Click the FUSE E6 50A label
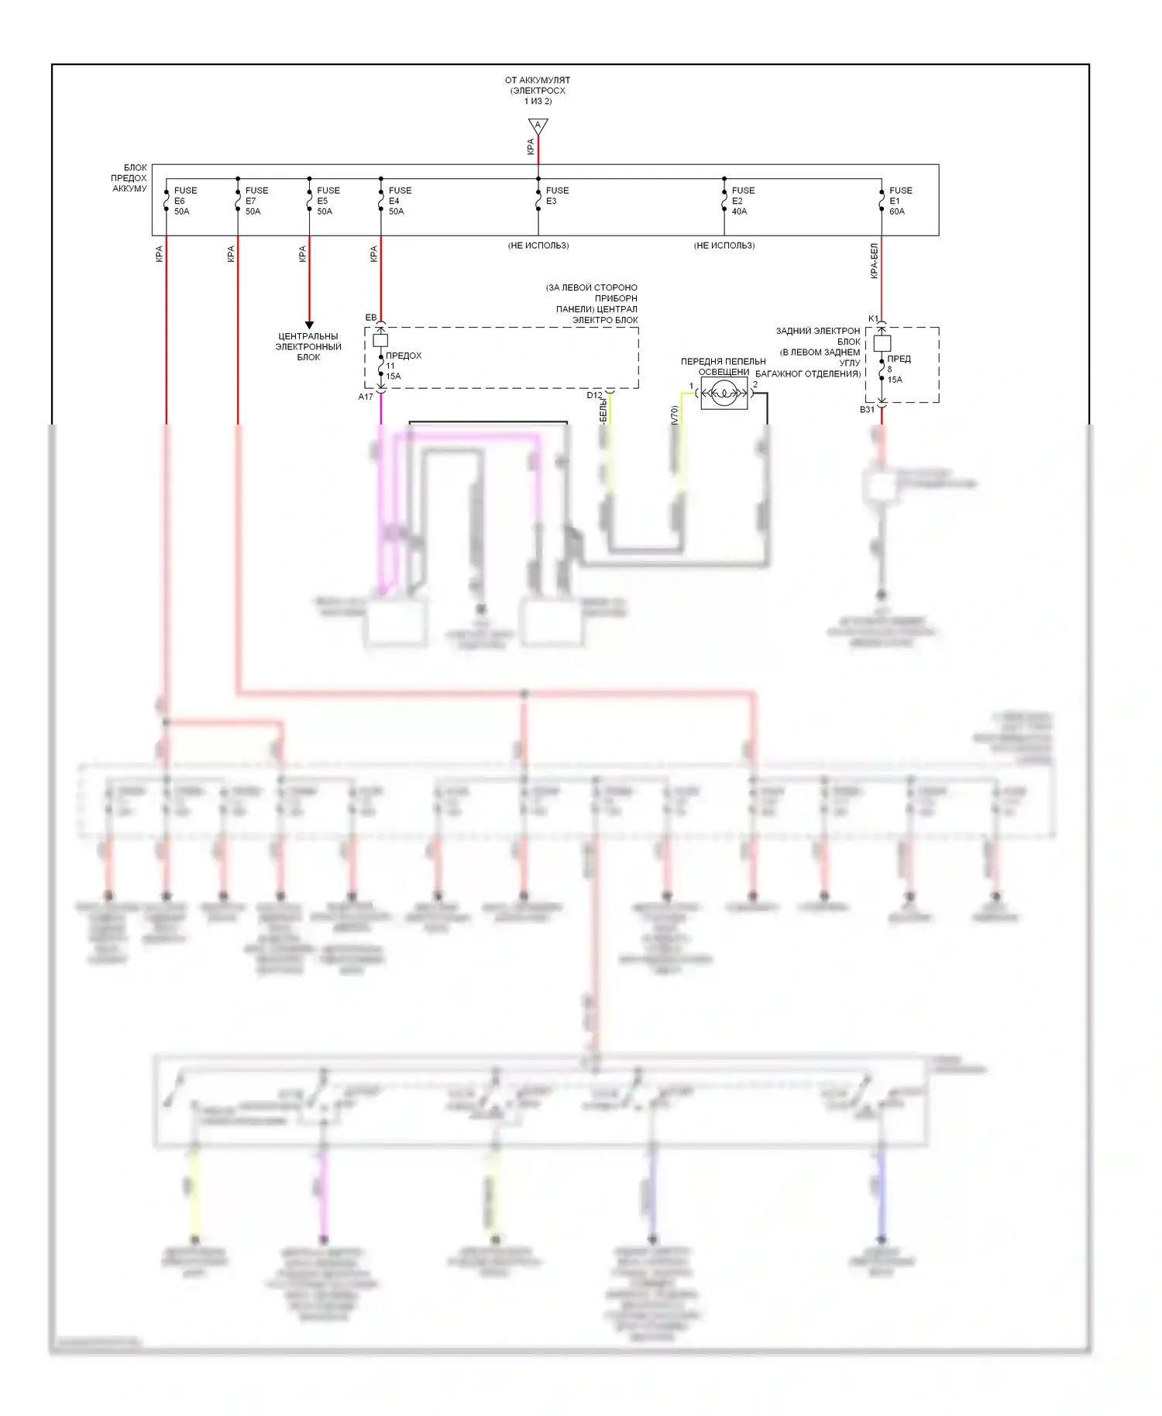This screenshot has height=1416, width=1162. click(184, 201)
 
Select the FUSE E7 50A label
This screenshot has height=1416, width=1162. click(256, 201)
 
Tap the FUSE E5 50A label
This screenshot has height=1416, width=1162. click(327, 201)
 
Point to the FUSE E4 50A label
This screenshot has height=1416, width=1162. click(399, 201)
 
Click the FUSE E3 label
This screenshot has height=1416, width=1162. click(556, 195)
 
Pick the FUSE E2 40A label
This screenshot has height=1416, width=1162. click(742, 201)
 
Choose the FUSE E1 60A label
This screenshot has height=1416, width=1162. click(899, 201)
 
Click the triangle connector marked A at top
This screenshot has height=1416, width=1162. click(538, 126)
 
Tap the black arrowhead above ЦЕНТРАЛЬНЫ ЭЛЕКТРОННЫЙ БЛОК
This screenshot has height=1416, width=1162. click(309, 325)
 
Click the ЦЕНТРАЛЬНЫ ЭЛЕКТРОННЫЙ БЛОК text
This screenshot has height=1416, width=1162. click(308, 347)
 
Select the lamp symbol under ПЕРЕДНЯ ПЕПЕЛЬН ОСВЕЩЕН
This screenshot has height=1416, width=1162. click(724, 394)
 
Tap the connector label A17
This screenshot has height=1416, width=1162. click(366, 397)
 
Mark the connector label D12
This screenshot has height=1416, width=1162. click(594, 395)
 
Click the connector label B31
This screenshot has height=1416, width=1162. click(867, 410)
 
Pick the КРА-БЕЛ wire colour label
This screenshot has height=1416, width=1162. click(874, 261)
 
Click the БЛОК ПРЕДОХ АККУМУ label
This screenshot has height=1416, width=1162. click(129, 178)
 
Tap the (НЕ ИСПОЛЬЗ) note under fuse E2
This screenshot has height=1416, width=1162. click(724, 246)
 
